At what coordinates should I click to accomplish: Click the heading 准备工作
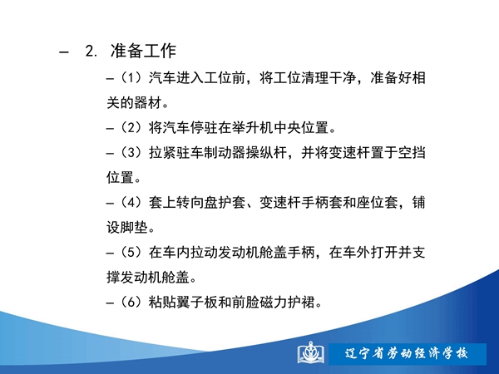pos(143,51)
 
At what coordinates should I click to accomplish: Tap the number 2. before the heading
pos(91,51)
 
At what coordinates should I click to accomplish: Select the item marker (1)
pos(131,78)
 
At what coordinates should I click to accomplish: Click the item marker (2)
pos(131,128)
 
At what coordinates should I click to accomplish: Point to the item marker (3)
pos(131,153)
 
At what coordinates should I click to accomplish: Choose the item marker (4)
pos(131,203)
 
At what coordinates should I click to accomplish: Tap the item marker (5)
pos(131,253)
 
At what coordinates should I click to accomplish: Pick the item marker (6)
pos(131,303)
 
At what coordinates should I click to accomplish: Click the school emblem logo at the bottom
pos(311,353)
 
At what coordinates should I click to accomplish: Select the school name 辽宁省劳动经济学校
pos(407,354)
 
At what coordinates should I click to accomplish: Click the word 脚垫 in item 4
pos(134,228)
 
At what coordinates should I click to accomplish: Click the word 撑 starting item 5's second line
pos(113,278)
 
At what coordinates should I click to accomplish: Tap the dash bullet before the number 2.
pos(64,52)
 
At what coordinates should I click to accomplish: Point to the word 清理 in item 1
pos(315,78)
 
